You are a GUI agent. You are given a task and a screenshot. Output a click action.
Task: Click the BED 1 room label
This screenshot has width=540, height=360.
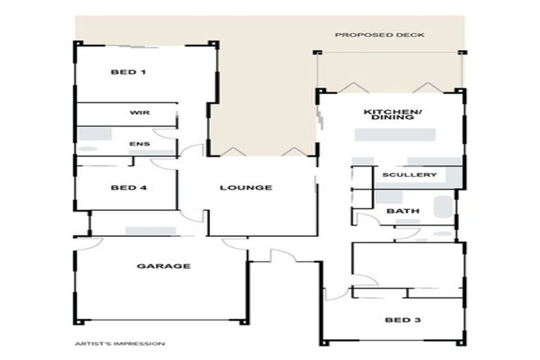pyautogui.click(x=128, y=72)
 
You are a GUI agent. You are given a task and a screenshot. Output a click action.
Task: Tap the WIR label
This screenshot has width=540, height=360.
pyautogui.click(x=140, y=112)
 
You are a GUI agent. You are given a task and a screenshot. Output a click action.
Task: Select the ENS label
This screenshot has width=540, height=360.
pyautogui.click(x=140, y=143)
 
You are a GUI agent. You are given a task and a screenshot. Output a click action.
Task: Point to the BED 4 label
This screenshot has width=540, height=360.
pyautogui.click(x=129, y=188)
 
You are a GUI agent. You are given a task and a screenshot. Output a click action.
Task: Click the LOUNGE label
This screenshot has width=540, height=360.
pyautogui.click(x=246, y=188)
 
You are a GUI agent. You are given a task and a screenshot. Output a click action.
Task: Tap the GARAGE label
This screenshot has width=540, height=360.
pyautogui.click(x=164, y=266)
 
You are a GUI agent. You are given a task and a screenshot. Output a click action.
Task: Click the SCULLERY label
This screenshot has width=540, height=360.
pyautogui.click(x=409, y=174)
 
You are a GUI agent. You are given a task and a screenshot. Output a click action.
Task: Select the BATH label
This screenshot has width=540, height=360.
pyautogui.click(x=403, y=211)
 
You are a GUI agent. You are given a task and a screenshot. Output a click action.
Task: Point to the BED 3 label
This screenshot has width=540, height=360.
pyautogui.click(x=403, y=320)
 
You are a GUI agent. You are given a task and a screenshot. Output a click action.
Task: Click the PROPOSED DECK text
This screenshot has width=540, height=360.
pyautogui.click(x=380, y=34)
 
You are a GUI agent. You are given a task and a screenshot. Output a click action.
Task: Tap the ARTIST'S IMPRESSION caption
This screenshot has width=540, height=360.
pyautogui.click(x=120, y=343)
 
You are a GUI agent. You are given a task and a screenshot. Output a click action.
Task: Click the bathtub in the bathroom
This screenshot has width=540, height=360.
pyautogui.click(x=443, y=207)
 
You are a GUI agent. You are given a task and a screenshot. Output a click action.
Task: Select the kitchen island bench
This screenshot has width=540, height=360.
pyautogui.click(x=395, y=135)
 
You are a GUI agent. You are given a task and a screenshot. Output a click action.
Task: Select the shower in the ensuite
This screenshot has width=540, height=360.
pyautogui.click(x=95, y=134)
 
